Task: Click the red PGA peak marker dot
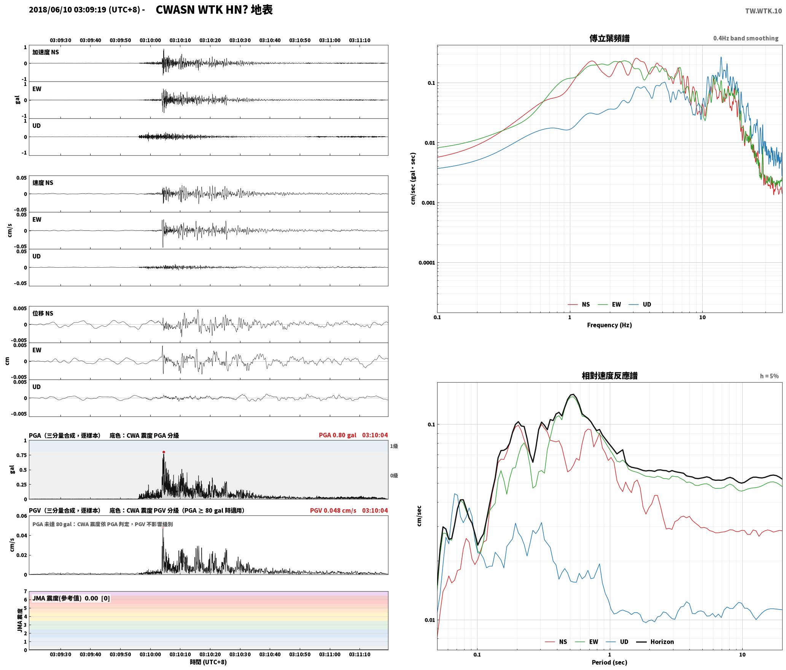pyautogui.click(x=164, y=452)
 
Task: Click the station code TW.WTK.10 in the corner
pyautogui.click(x=763, y=11)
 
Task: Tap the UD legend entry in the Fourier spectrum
pyautogui.click(x=640, y=304)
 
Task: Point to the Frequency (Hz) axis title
pyautogui.click(x=609, y=325)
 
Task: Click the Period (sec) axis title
pyautogui.click(x=609, y=662)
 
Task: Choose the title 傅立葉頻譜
pyautogui.click(x=609, y=38)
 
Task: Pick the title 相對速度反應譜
pyautogui.click(x=609, y=375)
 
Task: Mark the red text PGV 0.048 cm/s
pyautogui.click(x=333, y=510)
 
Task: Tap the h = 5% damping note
pyautogui.click(x=769, y=376)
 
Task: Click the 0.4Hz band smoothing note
pyautogui.click(x=746, y=38)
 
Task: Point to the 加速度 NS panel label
pyautogui.click(x=46, y=52)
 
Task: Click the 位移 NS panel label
pyautogui.click(x=43, y=313)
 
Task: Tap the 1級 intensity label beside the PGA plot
pyautogui.click(x=394, y=446)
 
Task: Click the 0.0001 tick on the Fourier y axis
pyautogui.click(x=426, y=263)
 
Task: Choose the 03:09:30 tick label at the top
pyautogui.click(x=60, y=40)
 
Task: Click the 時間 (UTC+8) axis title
pyautogui.click(x=208, y=662)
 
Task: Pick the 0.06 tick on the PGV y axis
pyautogui.click(x=22, y=516)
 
